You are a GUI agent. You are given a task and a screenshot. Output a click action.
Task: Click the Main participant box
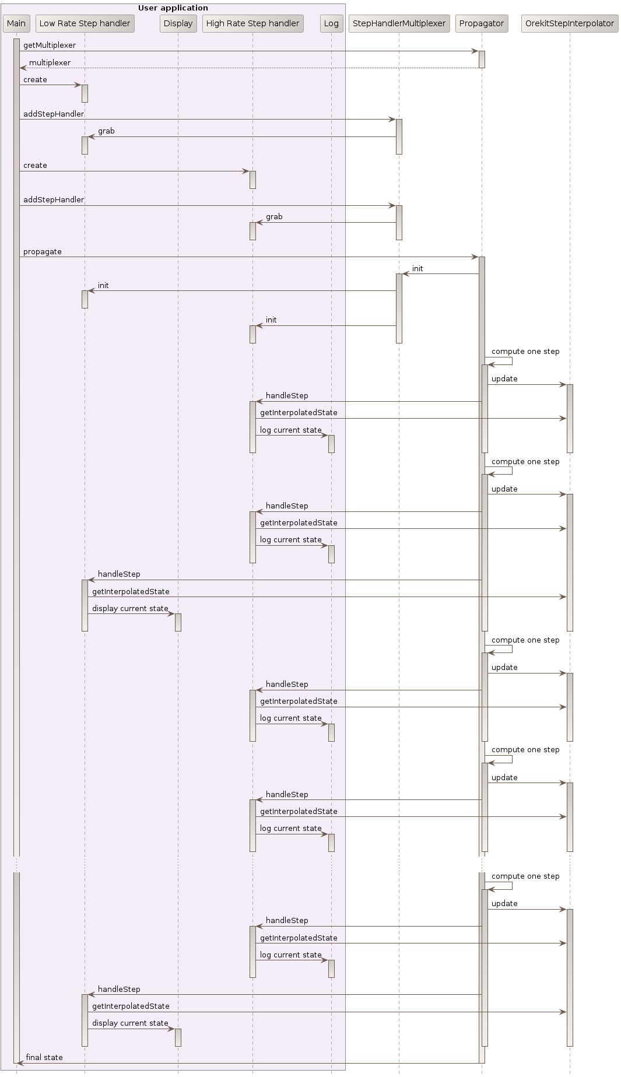tap(16, 23)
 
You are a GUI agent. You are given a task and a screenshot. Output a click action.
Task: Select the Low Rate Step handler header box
tap(85, 23)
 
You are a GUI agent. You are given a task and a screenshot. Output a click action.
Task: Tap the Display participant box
tap(178, 23)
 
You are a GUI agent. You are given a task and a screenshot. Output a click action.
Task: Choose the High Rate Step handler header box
tap(252, 23)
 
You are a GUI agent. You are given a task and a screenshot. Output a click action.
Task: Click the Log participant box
tap(331, 23)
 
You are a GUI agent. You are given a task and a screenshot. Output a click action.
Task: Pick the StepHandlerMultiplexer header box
tap(399, 23)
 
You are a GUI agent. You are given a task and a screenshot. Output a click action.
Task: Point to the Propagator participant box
tap(481, 23)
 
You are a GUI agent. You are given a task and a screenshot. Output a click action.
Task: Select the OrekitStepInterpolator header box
tap(570, 23)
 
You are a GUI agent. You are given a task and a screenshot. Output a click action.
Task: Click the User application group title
tap(173, 8)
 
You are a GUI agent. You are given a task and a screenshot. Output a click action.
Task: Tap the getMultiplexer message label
tap(50, 45)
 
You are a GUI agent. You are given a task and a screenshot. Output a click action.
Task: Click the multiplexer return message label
tap(50, 62)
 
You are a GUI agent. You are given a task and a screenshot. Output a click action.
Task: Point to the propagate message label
tap(43, 251)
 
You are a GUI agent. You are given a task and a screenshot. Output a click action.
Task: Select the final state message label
tap(44, 1057)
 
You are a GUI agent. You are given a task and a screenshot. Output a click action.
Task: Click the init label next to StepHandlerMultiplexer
tap(417, 268)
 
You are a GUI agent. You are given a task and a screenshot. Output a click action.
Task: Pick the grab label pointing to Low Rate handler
tap(106, 131)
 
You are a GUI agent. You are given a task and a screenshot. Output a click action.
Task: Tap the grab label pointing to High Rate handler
tap(274, 216)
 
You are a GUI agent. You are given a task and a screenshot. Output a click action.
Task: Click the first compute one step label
tap(525, 351)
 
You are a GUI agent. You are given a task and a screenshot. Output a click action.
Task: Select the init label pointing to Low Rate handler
tap(103, 285)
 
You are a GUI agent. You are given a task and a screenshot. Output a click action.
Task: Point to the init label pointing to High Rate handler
tap(271, 320)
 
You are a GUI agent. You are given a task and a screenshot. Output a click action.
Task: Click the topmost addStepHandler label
tap(54, 114)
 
